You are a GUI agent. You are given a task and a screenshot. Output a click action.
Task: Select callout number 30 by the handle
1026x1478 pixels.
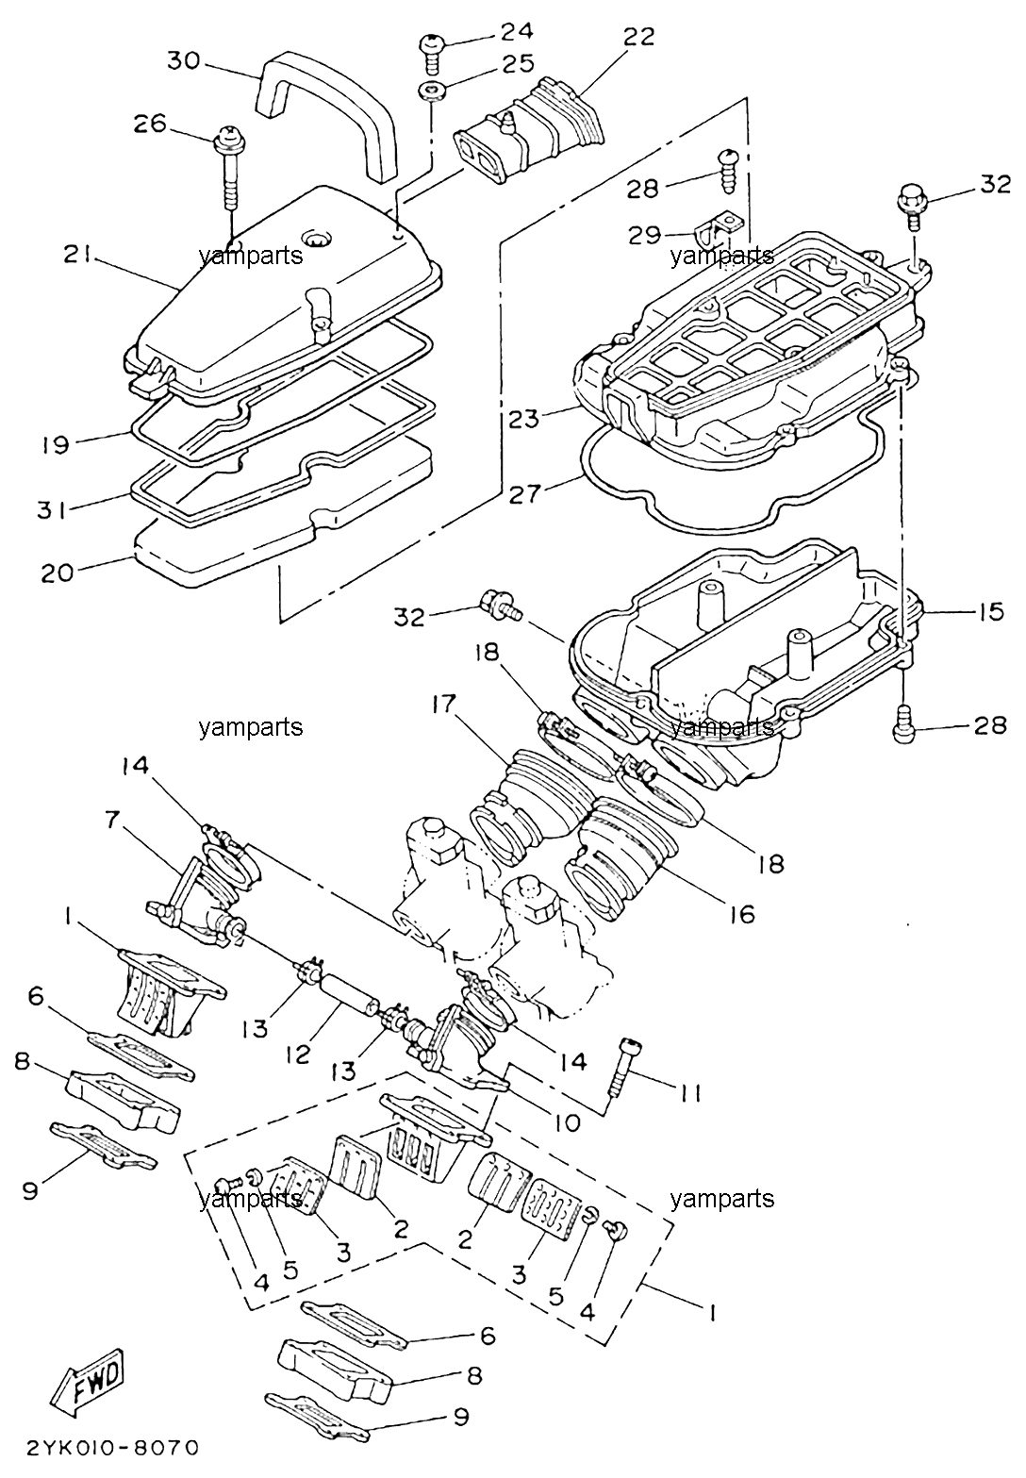click(183, 60)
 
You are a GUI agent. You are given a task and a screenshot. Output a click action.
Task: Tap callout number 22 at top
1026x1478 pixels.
click(637, 36)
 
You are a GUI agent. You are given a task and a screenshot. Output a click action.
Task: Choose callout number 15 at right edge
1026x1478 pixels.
click(987, 611)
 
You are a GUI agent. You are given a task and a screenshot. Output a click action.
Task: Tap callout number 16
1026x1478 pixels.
click(741, 913)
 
